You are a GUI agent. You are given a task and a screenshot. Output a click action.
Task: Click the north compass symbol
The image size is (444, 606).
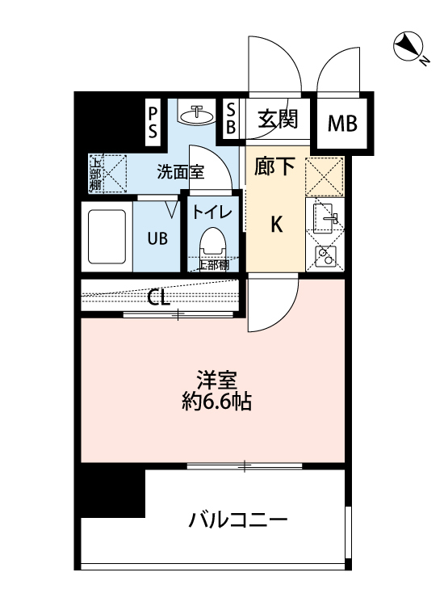point(408,47)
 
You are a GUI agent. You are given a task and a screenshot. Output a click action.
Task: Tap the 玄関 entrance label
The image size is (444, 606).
point(279,120)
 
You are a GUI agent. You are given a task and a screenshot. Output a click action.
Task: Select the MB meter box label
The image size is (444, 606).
point(344,124)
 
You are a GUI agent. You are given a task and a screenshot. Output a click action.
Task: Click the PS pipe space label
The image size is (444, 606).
point(153,121)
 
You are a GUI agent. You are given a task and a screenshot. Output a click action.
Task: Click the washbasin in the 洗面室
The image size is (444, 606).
point(196,116)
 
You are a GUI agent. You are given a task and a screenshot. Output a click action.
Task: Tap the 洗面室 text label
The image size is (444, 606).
point(181,171)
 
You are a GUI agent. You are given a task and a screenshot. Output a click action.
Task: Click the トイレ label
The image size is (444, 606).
point(213,213)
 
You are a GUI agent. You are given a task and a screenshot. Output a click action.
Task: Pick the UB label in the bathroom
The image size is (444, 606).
point(157,239)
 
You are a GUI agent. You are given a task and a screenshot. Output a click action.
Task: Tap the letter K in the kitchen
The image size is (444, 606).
point(276,225)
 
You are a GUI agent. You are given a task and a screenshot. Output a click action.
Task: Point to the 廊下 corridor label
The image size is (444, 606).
point(275,168)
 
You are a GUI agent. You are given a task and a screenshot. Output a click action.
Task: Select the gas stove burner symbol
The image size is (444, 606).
point(326,258)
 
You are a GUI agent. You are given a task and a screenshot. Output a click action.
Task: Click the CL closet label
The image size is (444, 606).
point(158,297)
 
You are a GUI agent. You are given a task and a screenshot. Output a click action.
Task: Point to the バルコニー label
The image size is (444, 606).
point(237,520)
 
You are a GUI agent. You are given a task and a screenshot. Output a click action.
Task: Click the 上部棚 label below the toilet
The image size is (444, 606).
point(214,264)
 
